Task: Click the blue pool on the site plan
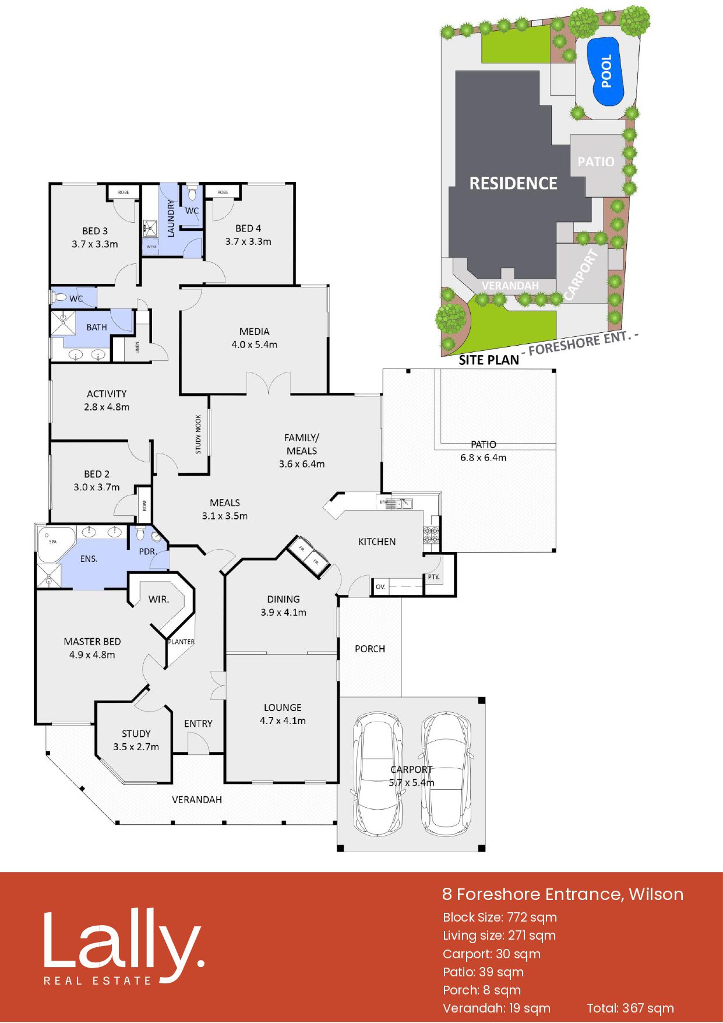608,71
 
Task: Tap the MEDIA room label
255,332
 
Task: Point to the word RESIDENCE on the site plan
513,184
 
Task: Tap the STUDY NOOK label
198,434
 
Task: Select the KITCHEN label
377,542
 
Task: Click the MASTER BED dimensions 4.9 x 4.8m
92,655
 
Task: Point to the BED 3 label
95,231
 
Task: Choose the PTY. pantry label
434,577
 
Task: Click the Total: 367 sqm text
630,1008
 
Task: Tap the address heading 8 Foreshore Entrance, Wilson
563,894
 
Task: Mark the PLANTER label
181,642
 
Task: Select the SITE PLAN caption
489,360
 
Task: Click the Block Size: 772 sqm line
500,917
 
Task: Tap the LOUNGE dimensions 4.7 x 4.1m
283,720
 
